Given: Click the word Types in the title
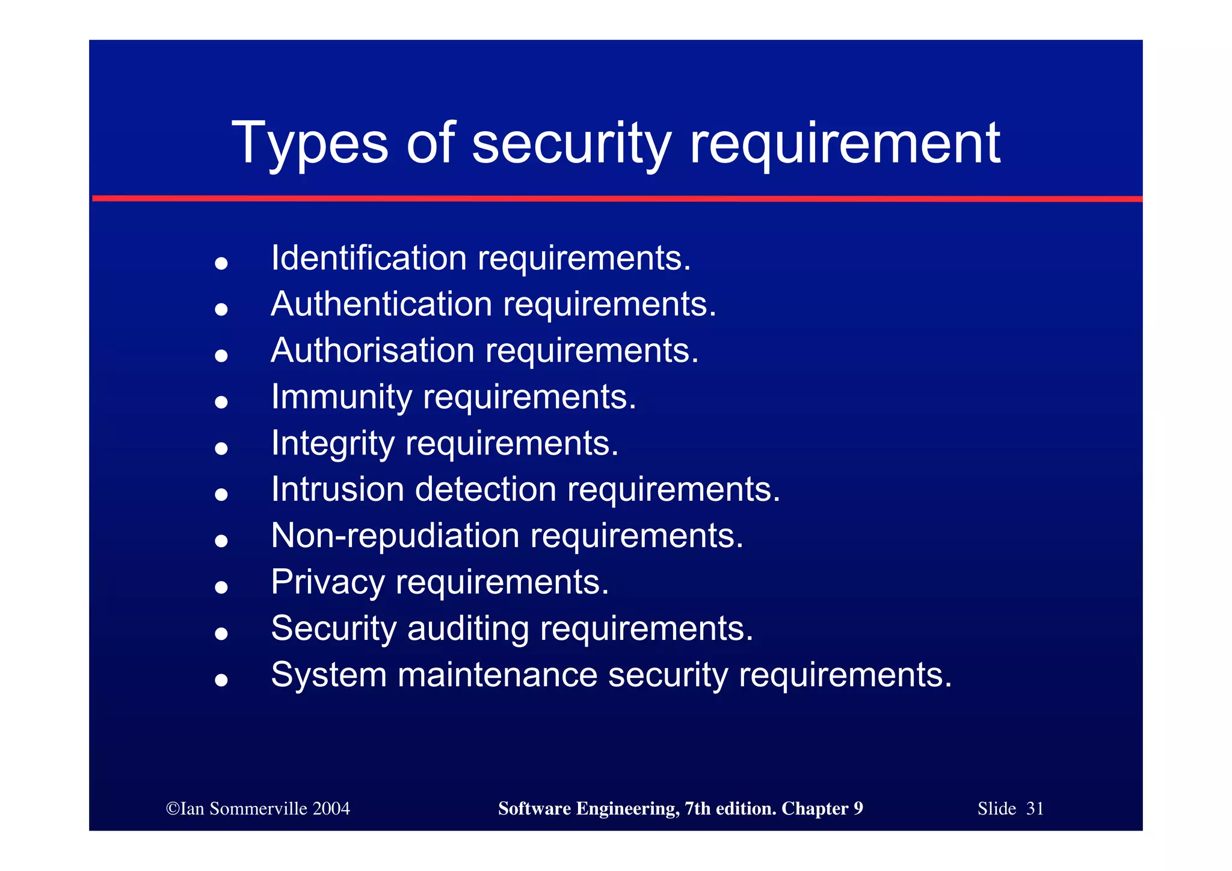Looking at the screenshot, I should pos(310,143).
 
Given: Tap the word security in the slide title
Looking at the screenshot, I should pos(571,143).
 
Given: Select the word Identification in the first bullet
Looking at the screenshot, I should pos(369,258).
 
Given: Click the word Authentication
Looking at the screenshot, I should pos(381,304).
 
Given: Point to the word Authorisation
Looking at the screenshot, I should pos(372,350).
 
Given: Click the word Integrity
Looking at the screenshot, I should pos(333,444).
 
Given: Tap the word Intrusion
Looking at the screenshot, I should pos(337,489).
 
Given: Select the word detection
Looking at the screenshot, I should pos(485,489).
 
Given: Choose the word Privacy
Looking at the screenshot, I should pos(328,582).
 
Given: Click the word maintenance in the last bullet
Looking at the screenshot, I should pos(497,675).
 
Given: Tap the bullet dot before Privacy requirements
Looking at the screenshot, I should pos(221,587).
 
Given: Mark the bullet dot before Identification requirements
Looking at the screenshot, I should pos(221,263).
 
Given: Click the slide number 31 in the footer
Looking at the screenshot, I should pos(1035,808).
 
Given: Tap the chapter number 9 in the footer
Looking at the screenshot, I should pos(858,808).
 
